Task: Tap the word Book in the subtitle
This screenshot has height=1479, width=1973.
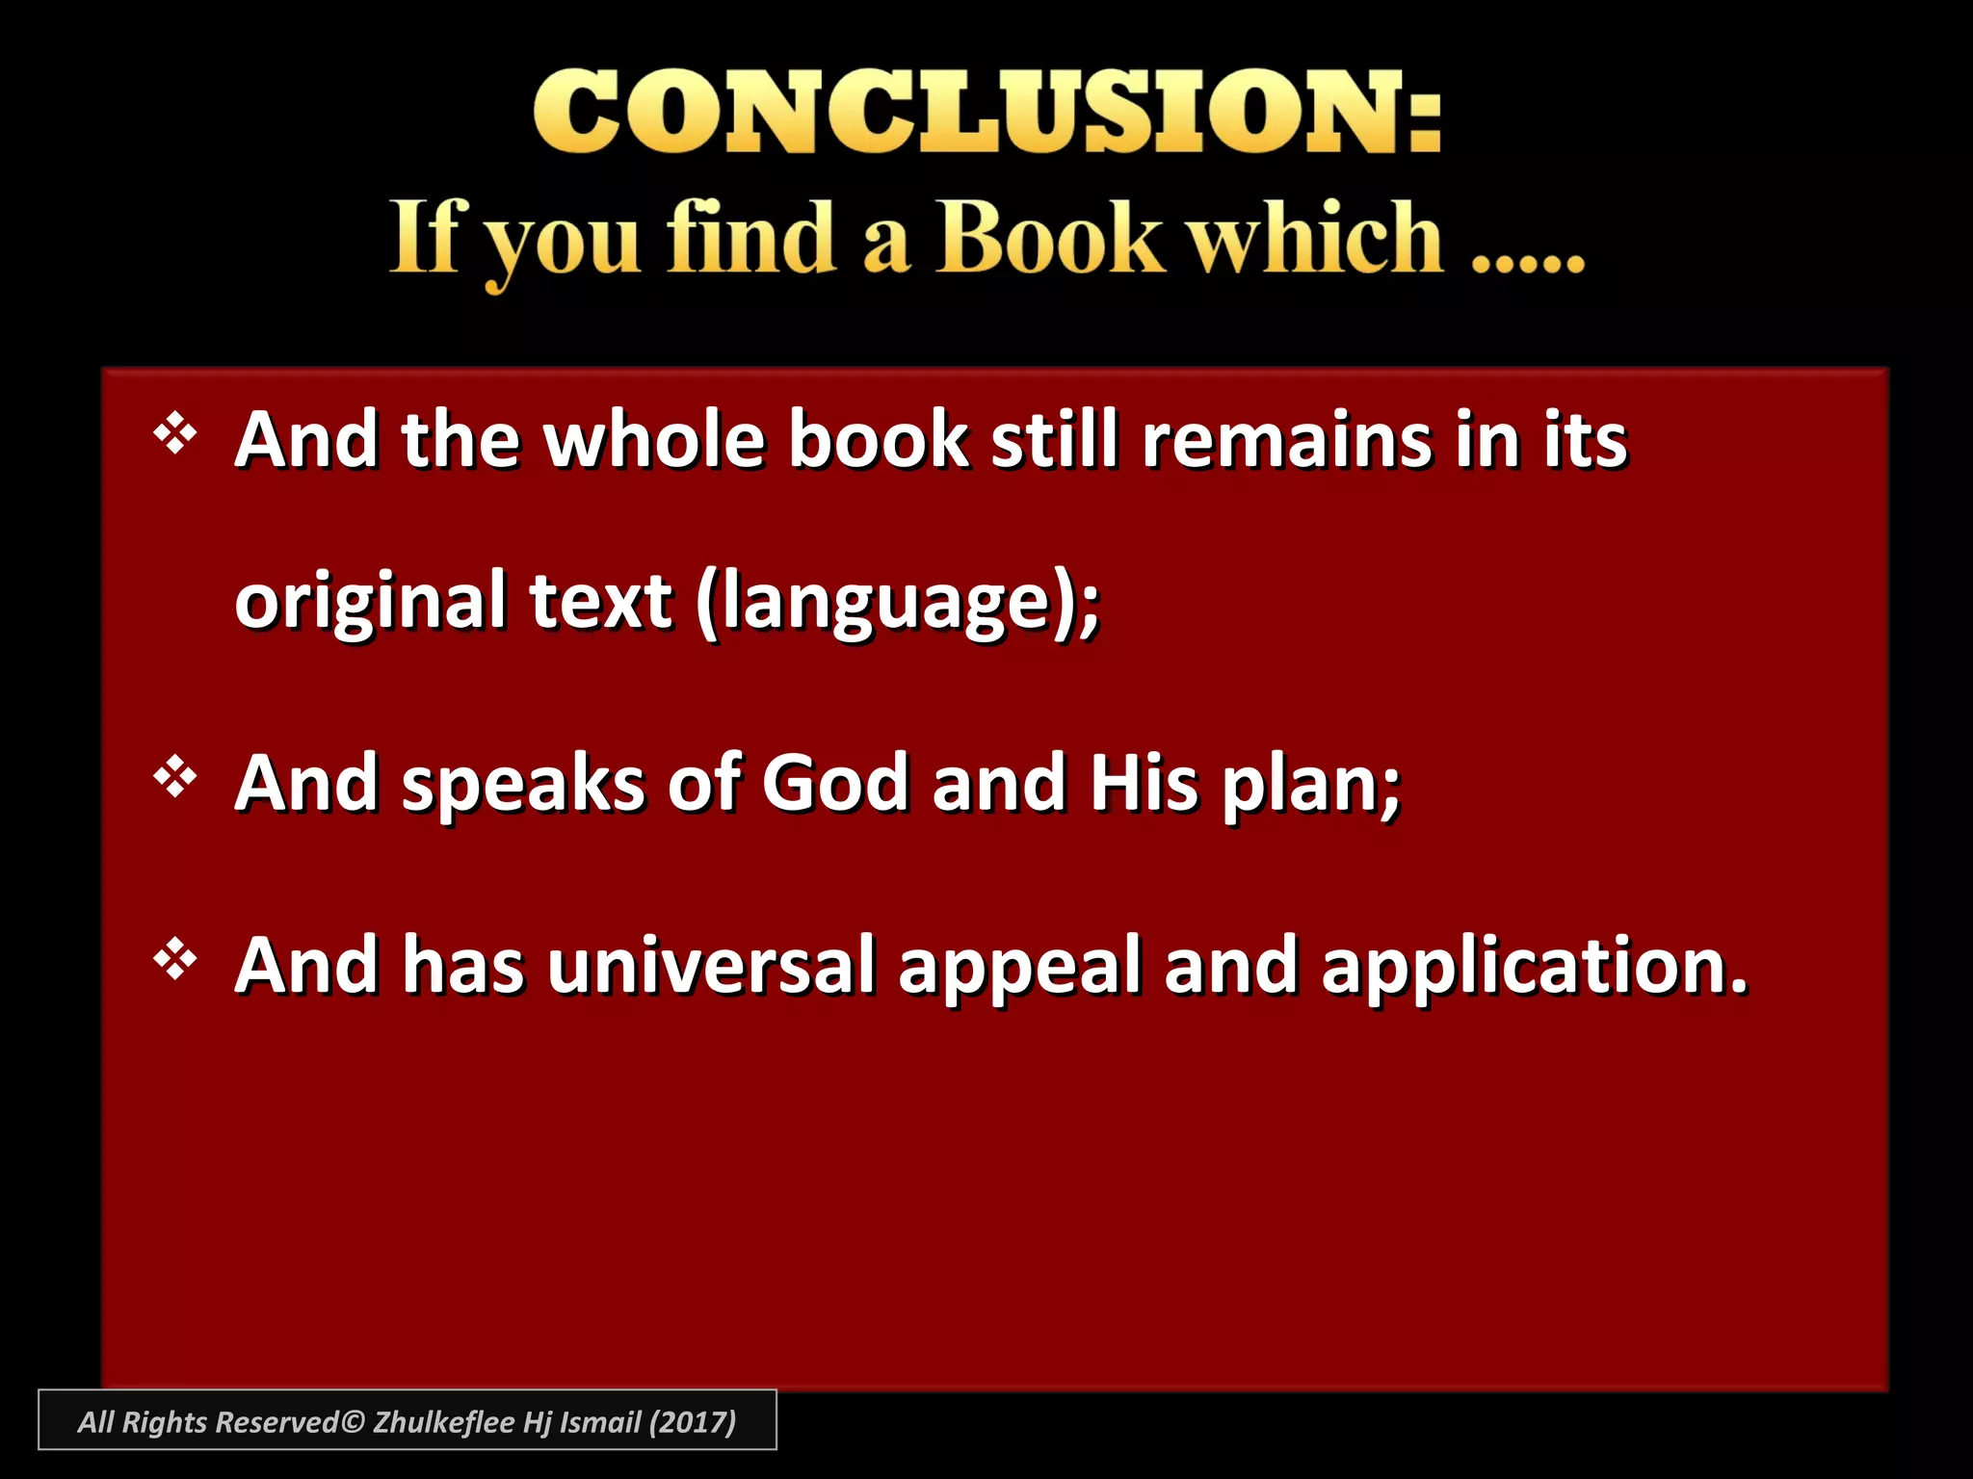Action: tap(1048, 238)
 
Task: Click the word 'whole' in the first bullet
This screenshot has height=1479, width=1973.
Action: tap(654, 440)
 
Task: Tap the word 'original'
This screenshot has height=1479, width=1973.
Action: tap(371, 603)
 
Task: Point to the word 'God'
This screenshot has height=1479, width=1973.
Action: tap(835, 783)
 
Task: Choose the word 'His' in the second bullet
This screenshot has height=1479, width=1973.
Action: tap(1144, 783)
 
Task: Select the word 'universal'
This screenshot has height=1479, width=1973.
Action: tap(712, 965)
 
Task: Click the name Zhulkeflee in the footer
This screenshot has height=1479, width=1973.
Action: tap(443, 1422)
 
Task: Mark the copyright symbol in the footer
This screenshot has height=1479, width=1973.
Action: tap(354, 1422)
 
